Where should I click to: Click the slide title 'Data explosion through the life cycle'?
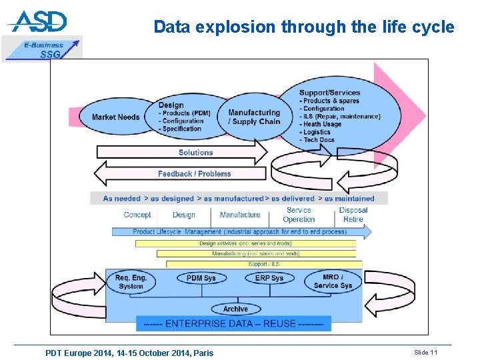click(x=303, y=27)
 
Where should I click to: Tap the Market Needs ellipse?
click(x=116, y=117)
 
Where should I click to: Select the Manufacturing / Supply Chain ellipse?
click(x=254, y=117)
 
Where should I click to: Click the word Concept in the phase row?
click(x=137, y=215)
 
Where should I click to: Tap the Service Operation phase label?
click(x=299, y=215)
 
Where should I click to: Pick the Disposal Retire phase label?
click(x=353, y=215)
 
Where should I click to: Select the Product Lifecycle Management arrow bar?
click(x=240, y=232)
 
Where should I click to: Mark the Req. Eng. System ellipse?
click(x=131, y=282)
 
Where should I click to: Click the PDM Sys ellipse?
click(x=201, y=278)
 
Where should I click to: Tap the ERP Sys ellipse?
click(x=269, y=278)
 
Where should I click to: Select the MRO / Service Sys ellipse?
click(x=333, y=281)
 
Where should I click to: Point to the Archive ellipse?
click(x=235, y=309)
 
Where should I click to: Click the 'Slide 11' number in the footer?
click(x=426, y=352)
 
